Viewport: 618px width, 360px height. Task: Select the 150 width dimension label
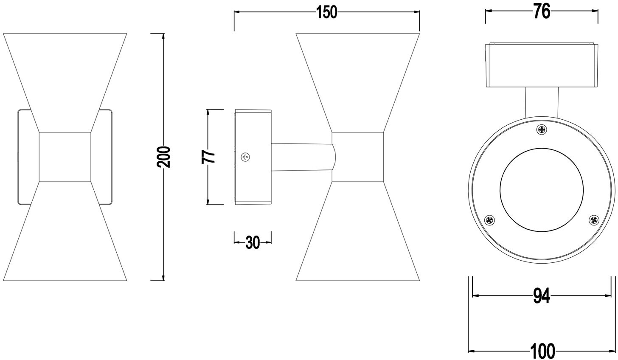pyautogui.click(x=326, y=13)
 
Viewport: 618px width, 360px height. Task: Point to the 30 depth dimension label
pyautogui.click(x=253, y=242)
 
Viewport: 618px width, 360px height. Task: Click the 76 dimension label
pyautogui.click(x=542, y=12)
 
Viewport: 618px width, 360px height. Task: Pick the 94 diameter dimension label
pyautogui.click(x=541, y=296)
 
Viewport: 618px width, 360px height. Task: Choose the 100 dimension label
pyautogui.click(x=542, y=351)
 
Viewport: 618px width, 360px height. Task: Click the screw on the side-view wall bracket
pyautogui.click(x=246, y=157)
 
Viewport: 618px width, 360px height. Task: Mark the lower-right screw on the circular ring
pyautogui.click(x=593, y=220)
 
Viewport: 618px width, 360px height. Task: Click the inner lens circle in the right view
pyautogui.click(x=542, y=190)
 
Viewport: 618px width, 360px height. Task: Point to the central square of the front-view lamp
pyautogui.click(x=65, y=157)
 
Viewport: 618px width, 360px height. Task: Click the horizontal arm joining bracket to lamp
pyautogui.click(x=301, y=157)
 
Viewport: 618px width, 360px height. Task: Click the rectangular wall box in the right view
pyautogui.click(x=542, y=65)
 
